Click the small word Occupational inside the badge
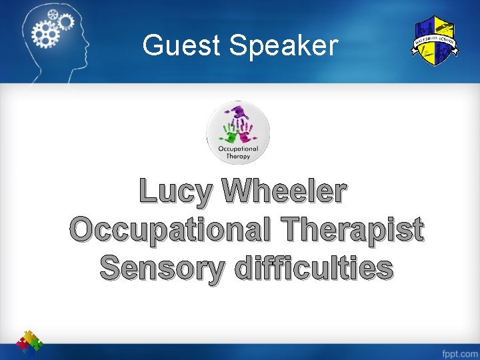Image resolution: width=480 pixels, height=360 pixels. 238,149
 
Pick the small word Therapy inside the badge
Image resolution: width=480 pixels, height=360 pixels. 238,157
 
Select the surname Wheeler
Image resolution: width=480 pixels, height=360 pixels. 285,191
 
